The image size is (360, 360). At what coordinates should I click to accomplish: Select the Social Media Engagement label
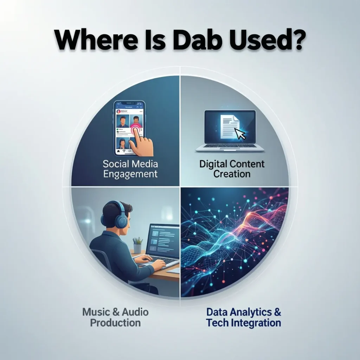(x=130, y=169)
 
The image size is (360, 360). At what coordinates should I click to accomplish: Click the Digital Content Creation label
(x=232, y=169)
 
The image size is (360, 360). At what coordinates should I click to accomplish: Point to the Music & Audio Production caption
(x=115, y=317)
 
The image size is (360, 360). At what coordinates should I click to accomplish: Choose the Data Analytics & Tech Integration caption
(x=244, y=317)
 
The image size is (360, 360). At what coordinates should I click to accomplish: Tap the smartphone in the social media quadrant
(x=129, y=128)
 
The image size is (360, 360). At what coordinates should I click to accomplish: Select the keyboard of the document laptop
(x=230, y=146)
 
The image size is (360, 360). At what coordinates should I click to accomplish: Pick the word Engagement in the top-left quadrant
(x=130, y=174)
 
